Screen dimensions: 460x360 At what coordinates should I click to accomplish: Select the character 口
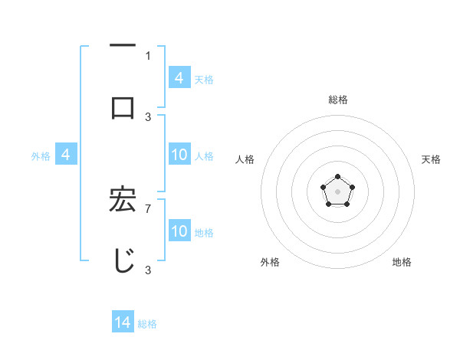coord(123,107)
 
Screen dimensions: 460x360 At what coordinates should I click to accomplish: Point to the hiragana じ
coord(123,260)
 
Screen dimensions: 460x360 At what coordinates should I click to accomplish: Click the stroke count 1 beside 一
coord(148,55)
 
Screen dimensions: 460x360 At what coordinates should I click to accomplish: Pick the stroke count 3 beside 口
coord(148,116)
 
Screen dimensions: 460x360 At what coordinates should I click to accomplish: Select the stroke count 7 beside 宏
coord(148,208)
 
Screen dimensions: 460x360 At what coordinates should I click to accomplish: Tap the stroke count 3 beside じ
coord(148,270)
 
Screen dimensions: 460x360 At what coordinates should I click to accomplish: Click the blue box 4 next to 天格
coord(179,78)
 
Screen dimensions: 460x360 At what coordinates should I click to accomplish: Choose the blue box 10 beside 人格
coord(179,155)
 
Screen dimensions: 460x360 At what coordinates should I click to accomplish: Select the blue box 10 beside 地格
coord(179,231)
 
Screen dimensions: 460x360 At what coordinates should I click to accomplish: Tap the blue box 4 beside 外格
coord(66,155)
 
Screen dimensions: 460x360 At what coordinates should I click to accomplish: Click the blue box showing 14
coord(123,322)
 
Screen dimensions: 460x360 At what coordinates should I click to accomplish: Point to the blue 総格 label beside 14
coord(147,324)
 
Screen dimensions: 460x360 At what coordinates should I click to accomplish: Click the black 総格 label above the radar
coord(337,100)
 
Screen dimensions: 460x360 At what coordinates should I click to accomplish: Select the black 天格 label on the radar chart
coord(431,159)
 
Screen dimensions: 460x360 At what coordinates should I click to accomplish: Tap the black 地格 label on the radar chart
coord(402,262)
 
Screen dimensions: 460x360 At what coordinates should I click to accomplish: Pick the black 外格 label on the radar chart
coord(270,262)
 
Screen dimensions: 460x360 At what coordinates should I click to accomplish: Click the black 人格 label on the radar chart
coord(245,159)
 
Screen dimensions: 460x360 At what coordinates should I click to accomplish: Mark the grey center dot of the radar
coord(337,191)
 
